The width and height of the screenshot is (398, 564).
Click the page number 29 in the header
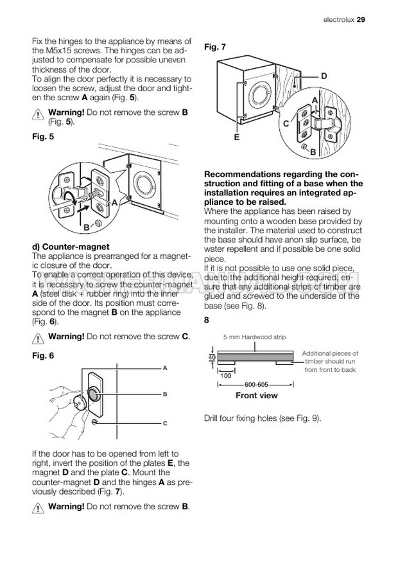pyautogui.click(x=361, y=19)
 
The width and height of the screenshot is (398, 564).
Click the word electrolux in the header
pyautogui.click(x=333, y=19)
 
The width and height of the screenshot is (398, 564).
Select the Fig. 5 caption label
pyautogui.click(x=43, y=137)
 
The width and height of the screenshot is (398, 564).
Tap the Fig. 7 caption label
pyautogui.click(x=214, y=47)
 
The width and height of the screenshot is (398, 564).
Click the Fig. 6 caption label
pyautogui.click(x=43, y=355)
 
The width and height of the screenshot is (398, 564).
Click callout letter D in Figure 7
pyautogui.click(x=324, y=76)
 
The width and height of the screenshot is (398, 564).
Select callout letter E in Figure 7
pyautogui.click(x=237, y=137)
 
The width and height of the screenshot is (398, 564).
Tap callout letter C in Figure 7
pyautogui.click(x=286, y=123)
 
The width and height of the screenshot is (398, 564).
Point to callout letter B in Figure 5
pyautogui.click(x=85, y=227)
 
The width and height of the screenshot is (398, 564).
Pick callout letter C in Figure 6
pyautogui.click(x=165, y=423)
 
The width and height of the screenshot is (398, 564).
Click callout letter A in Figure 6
pyautogui.click(x=165, y=369)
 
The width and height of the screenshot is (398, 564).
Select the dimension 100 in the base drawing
pyautogui.click(x=226, y=376)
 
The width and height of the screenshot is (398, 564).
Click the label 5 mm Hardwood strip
pyautogui.click(x=254, y=337)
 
